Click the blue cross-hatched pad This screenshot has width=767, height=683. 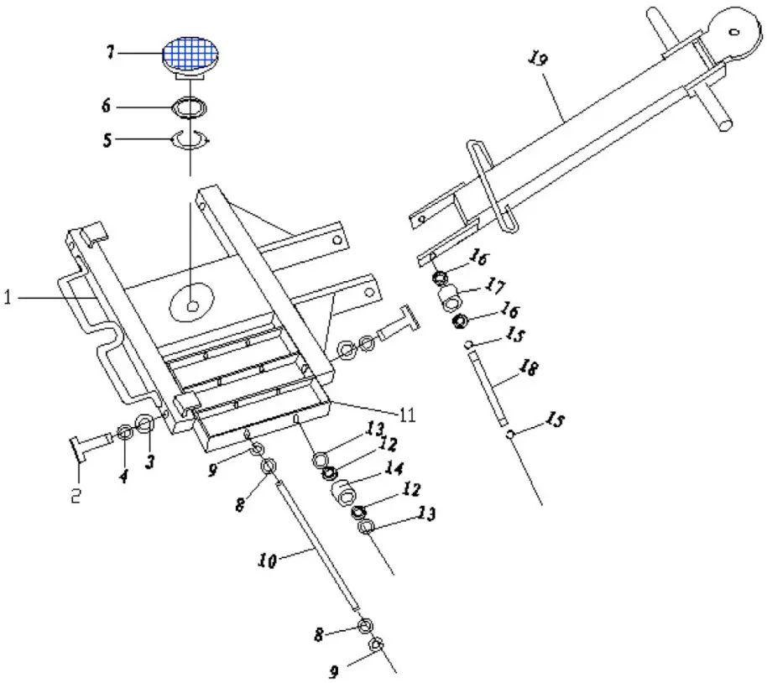pyautogui.click(x=190, y=52)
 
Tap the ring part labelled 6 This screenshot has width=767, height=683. pyautogui.click(x=190, y=107)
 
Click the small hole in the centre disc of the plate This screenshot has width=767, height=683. pyautogui.click(x=195, y=305)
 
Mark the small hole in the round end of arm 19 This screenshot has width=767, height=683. pyautogui.click(x=735, y=31)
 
